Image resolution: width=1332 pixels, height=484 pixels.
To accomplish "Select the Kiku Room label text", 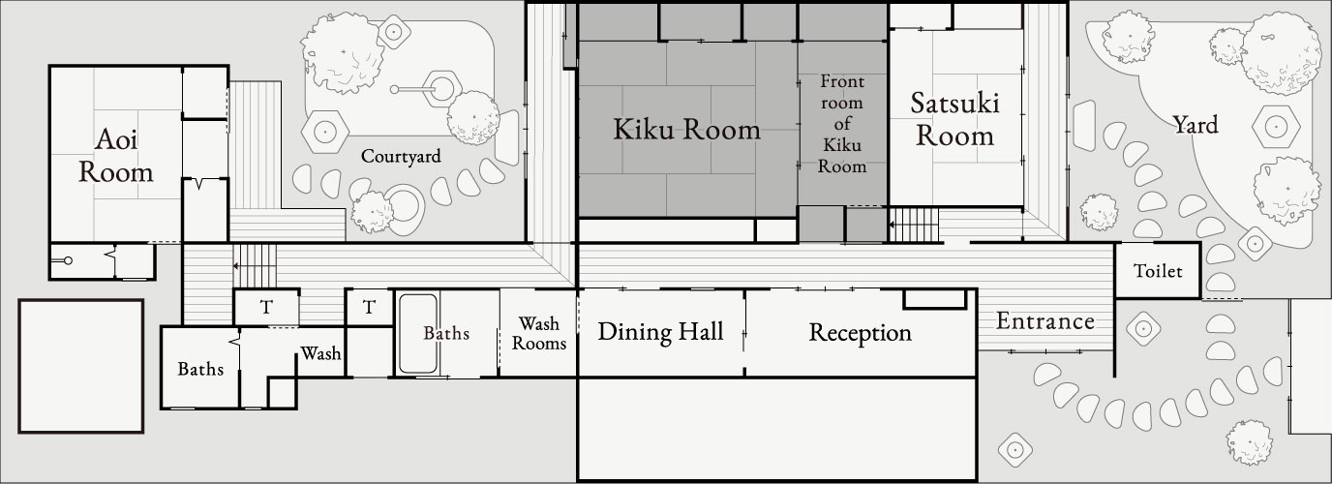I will (x=686, y=130).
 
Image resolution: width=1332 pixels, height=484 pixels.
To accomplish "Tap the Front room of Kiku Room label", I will (x=841, y=123).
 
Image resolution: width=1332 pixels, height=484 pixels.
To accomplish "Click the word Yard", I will (x=1195, y=125).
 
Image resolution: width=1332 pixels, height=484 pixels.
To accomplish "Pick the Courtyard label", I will (x=401, y=156).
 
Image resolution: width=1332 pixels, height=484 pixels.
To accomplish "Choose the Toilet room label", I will (x=1158, y=272).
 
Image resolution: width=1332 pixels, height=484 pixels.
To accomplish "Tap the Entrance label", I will (x=1045, y=321).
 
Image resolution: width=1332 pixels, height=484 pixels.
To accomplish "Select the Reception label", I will (x=860, y=333).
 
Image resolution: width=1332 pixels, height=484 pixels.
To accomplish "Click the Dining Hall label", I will (x=660, y=332).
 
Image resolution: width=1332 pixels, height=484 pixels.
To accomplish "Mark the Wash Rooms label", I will (x=538, y=332).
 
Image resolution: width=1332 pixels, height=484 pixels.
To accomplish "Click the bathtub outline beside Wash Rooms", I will (x=419, y=334).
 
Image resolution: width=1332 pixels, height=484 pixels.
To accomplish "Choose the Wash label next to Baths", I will (x=320, y=353).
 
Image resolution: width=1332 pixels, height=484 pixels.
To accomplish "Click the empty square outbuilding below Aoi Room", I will (x=81, y=366).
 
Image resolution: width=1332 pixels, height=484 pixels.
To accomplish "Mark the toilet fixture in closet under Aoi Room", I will (x=66, y=261).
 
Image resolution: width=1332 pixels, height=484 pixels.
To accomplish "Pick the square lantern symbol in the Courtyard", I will (x=394, y=32).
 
